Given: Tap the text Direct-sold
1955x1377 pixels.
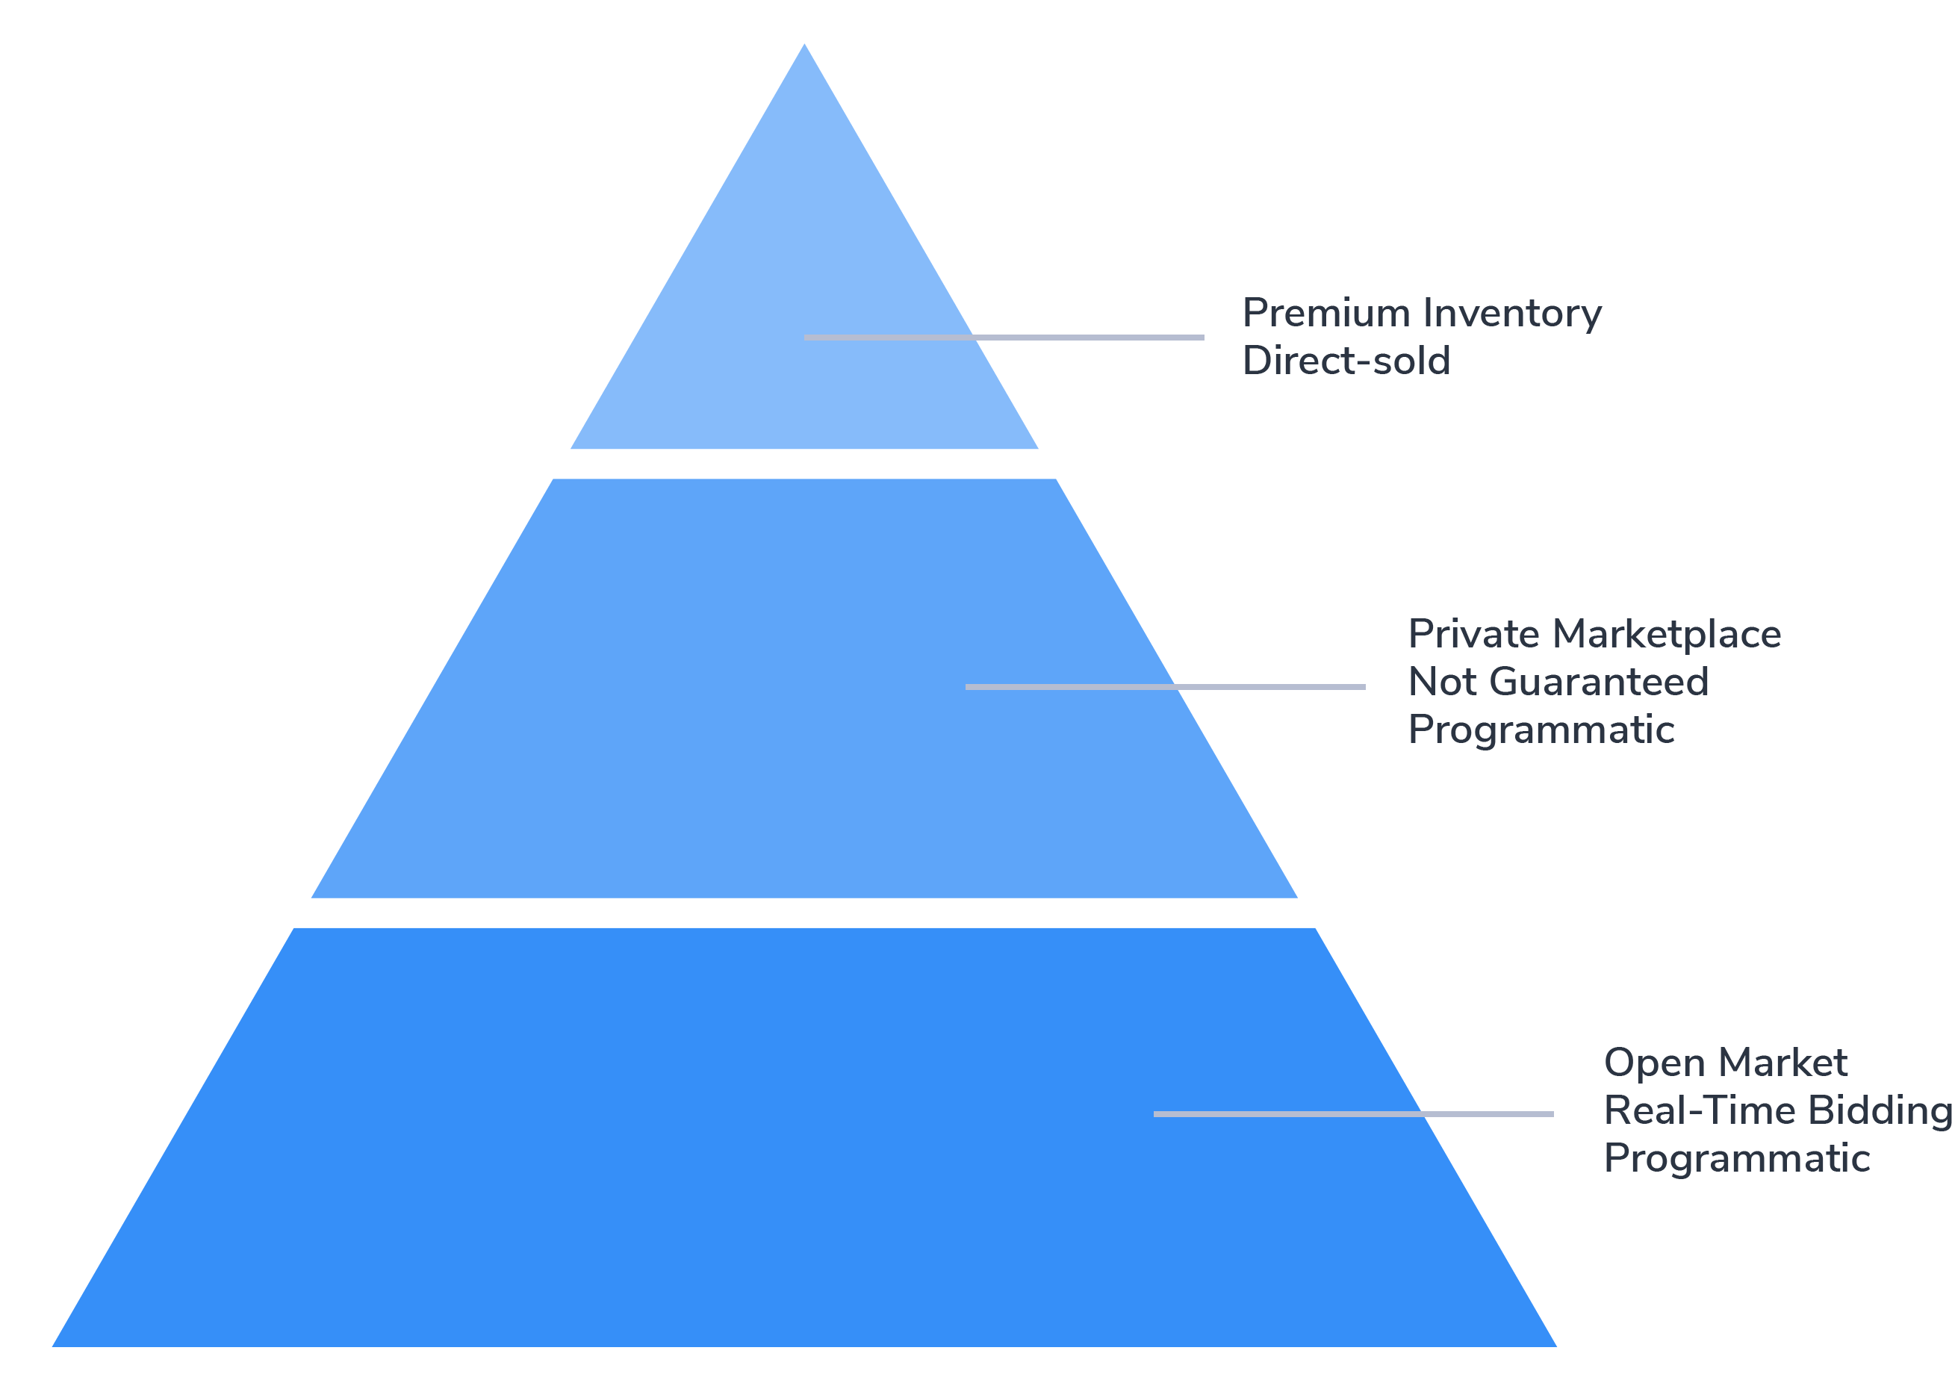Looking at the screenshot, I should tap(1346, 361).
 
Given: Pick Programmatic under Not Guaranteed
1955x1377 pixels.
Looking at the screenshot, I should tap(1541, 730).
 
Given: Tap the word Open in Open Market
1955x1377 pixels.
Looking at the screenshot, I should tap(1653, 1063).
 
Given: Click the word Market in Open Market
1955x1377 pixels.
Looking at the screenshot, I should tap(1783, 1063).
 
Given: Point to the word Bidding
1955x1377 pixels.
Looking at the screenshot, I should tap(1880, 1110).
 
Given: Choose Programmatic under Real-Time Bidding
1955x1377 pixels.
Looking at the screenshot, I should tap(1737, 1159).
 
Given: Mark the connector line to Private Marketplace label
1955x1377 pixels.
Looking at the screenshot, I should tap(1277, 687).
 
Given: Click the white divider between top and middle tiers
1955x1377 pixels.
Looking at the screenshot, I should tap(804, 464).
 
